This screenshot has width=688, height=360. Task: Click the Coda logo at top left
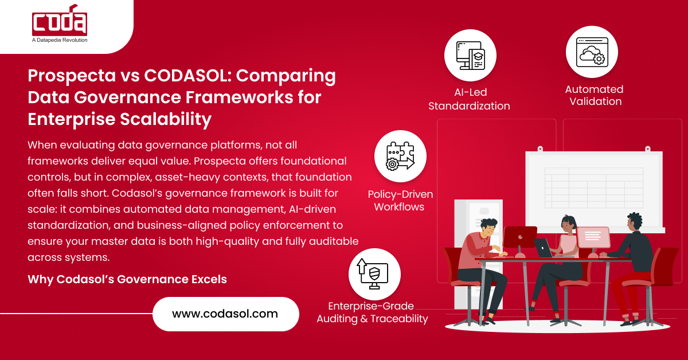point(60,22)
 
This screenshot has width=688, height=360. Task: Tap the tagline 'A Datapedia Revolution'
point(60,40)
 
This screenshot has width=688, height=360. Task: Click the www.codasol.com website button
point(225,314)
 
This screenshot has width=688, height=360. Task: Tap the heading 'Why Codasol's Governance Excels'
point(127,280)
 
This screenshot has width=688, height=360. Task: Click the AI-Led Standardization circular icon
point(470,56)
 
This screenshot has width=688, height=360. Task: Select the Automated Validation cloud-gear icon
point(592,52)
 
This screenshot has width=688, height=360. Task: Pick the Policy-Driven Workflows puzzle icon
point(400,156)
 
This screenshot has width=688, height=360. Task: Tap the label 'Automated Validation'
point(594,95)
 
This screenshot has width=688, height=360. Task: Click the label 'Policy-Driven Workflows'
point(400,201)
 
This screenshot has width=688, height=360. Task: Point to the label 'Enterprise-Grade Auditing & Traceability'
point(372,312)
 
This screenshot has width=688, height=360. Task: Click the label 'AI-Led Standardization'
point(469,99)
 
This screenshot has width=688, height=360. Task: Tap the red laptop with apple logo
point(520,237)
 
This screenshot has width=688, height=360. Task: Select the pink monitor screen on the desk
point(593,236)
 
